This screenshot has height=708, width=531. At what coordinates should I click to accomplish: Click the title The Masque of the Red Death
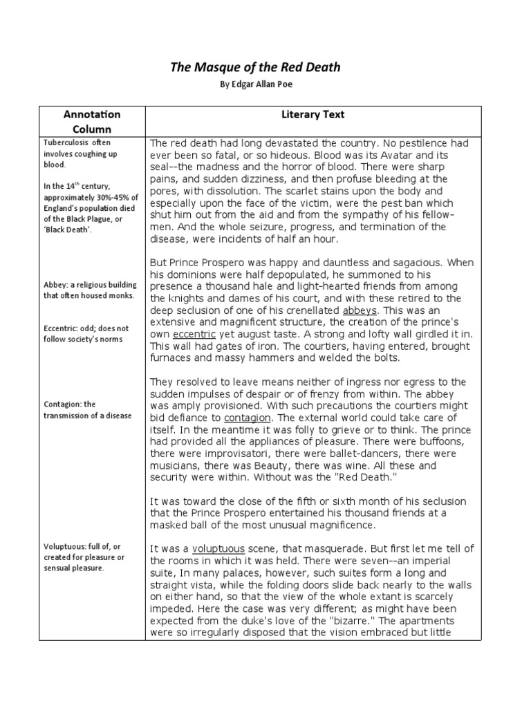(x=255, y=67)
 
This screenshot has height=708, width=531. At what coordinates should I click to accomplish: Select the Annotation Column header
(x=92, y=121)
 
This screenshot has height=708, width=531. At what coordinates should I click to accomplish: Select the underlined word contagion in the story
(x=247, y=418)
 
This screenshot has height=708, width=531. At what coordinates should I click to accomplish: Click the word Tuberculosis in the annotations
(x=65, y=142)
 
